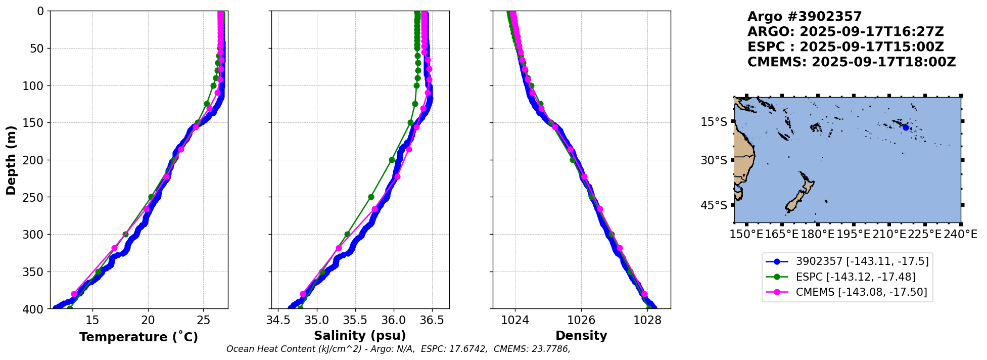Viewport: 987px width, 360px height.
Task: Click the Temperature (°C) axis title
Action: pyautogui.click(x=138, y=337)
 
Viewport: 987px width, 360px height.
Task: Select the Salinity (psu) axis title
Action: pyautogui.click(x=360, y=336)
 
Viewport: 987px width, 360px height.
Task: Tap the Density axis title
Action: pyautogui.click(x=581, y=336)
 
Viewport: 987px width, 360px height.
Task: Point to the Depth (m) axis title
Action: pyautogui.click(x=11, y=160)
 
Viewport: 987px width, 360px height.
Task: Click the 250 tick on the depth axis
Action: pyautogui.click(x=37, y=197)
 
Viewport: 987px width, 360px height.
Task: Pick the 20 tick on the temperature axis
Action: pyautogui.click(x=148, y=320)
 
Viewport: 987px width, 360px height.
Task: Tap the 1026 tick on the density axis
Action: pyautogui.click(x=581, y=320)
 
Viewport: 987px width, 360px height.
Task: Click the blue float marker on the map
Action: pyautogui.click(x=906, y=127)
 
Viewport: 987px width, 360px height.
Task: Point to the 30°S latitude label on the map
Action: pyautogui.click(x=714, y=160)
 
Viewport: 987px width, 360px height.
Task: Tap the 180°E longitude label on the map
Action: pyautogui.click(x=817, y=235)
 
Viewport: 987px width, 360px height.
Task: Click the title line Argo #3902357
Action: pyautogui.click(x=805, y=17)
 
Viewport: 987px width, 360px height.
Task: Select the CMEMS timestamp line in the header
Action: pyautogui.click(x=852, y=62)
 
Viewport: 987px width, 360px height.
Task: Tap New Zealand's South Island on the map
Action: pyautogui.click(x=794, y=201)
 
